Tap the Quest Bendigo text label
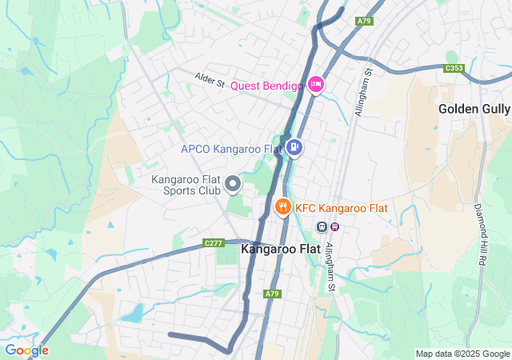click(266, 86)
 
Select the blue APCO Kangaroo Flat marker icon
click(294, 147)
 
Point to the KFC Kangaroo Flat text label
click(342, 208)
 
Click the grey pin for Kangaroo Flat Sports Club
click(233, 186)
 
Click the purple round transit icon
click(335, 226)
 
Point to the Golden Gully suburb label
click(474, 108)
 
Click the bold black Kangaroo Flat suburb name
click(281, 249)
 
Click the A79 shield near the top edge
click(365, 20)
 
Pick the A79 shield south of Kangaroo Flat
click(273, 294)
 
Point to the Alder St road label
click(209, 80)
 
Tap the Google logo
click(26, 350)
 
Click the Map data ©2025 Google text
click(462, 354)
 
